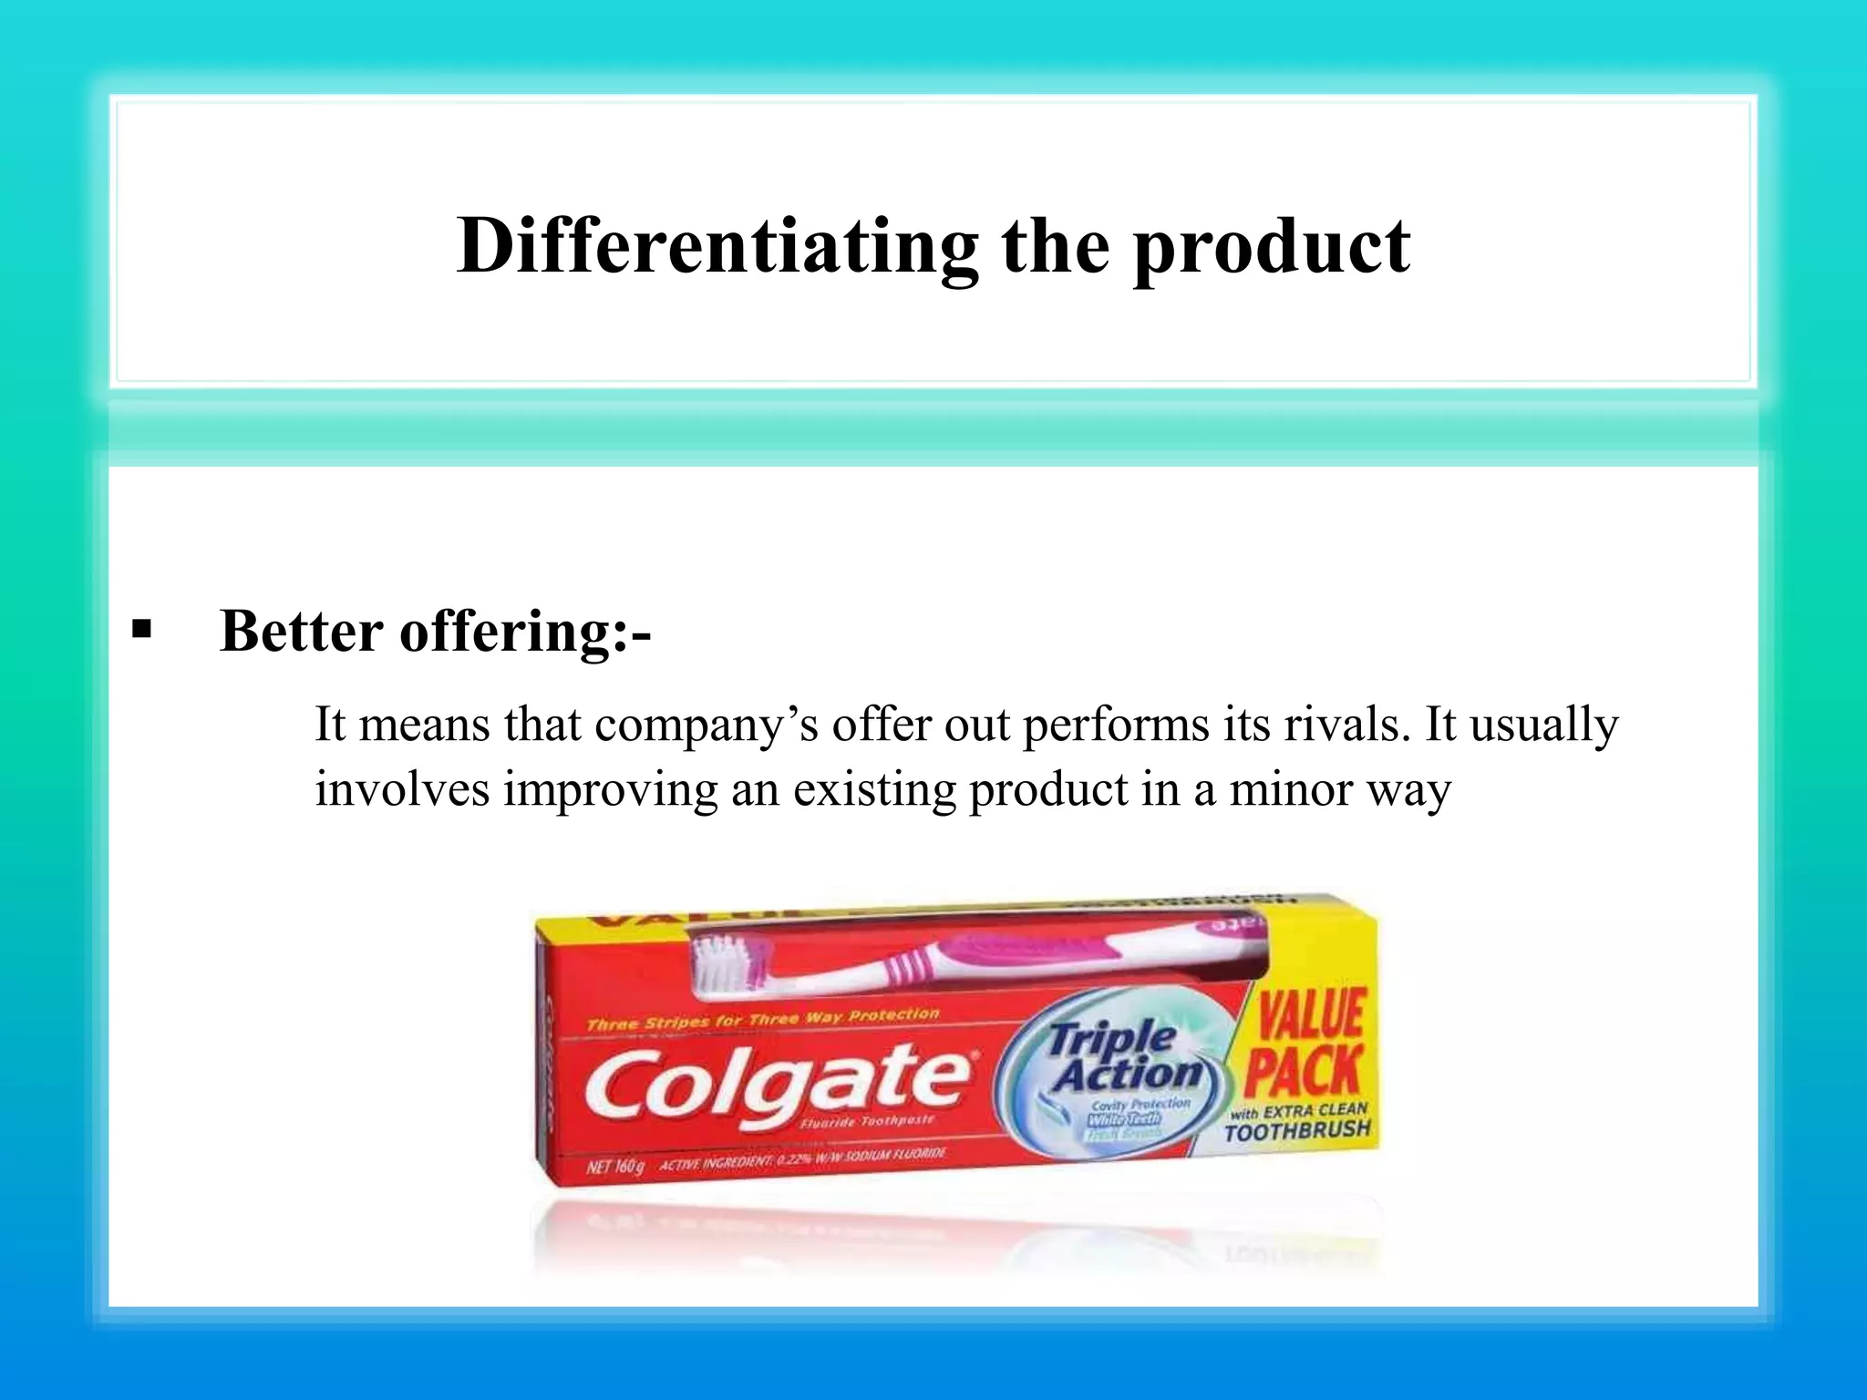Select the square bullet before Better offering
[141, 629]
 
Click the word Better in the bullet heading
[302, 631]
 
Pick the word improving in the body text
[611, 790]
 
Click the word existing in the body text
[874, 790]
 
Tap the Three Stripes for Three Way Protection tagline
[762, 1019]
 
